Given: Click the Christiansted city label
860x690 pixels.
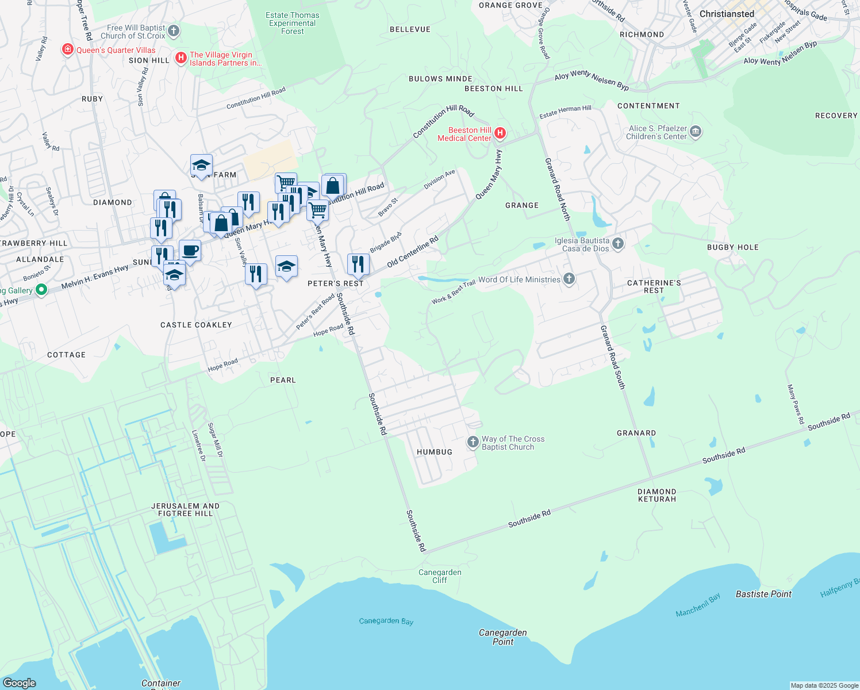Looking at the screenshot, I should point(727,14).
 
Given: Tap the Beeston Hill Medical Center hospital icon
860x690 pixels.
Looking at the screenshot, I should point(500,134).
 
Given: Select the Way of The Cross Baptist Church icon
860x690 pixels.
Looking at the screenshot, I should point(473,442).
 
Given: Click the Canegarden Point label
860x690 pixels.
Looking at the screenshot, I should point(502,637).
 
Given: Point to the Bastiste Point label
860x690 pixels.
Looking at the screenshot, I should point(763,594).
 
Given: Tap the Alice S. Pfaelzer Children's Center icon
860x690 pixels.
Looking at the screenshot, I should point(696,132).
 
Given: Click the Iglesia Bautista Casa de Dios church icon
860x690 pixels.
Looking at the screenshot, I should point(618,244).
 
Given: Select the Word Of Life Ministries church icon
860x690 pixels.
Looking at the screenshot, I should point(569,279).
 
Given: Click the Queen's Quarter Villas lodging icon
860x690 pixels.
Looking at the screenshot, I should point(68,50).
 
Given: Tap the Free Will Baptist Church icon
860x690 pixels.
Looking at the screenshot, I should point(174,31).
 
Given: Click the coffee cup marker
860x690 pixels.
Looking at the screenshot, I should point(190,251).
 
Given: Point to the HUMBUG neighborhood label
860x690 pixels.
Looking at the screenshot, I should point(434,452).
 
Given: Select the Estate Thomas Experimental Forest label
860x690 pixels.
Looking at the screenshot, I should point(292,24).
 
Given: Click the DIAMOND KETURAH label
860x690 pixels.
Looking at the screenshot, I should point(656,495).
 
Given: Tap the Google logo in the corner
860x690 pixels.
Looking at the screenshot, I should point(19,683).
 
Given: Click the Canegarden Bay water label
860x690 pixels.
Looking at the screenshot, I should point(386,621).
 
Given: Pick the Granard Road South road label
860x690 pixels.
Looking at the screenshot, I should point(612,357).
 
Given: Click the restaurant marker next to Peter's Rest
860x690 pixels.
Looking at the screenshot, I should point(358,264).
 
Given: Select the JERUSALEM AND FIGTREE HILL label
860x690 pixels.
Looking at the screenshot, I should point(185,509).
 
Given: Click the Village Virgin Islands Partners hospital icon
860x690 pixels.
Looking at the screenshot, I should point(181,58).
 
